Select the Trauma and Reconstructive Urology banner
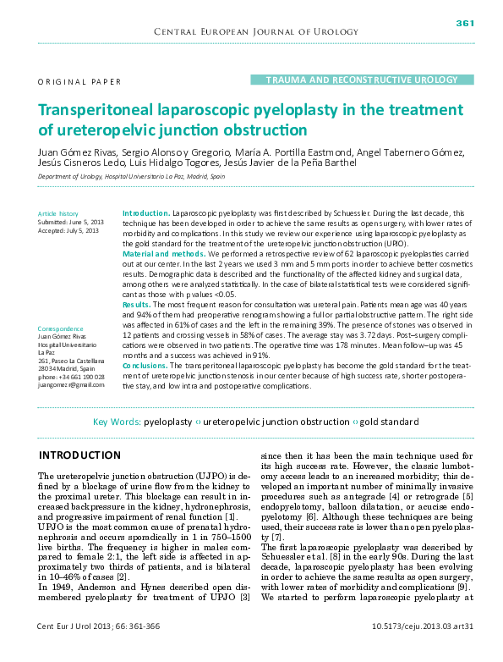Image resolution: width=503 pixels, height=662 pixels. click(355, 80)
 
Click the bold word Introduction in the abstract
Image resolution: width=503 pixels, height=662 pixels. click(145, 213)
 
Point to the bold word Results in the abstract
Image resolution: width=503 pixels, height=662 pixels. click(137, 303)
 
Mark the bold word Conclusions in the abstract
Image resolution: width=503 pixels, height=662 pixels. click(145, 365)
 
